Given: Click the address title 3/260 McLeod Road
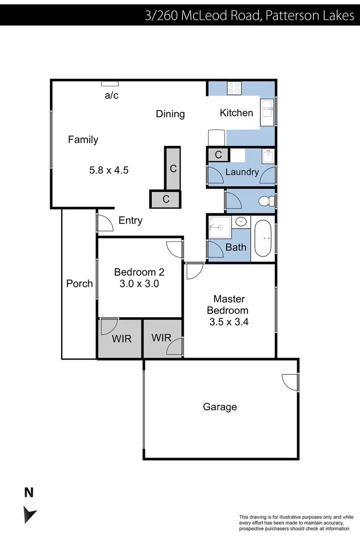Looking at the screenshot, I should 250,16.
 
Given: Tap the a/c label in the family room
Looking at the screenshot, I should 111,95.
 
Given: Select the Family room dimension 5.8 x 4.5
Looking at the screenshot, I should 109,169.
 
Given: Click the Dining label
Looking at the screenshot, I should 170,114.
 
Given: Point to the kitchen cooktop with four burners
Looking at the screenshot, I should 235,88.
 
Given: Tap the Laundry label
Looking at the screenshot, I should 242,172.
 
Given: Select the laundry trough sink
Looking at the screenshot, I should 268,156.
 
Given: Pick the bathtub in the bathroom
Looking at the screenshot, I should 263,238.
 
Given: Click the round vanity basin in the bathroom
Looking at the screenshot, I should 241,222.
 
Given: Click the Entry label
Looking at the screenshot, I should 130,220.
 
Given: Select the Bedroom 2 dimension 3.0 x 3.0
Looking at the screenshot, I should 139,283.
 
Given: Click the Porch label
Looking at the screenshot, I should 79,283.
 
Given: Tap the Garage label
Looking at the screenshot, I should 220,407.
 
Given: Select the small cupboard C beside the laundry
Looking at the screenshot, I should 218,155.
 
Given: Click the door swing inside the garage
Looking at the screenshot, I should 290,382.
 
